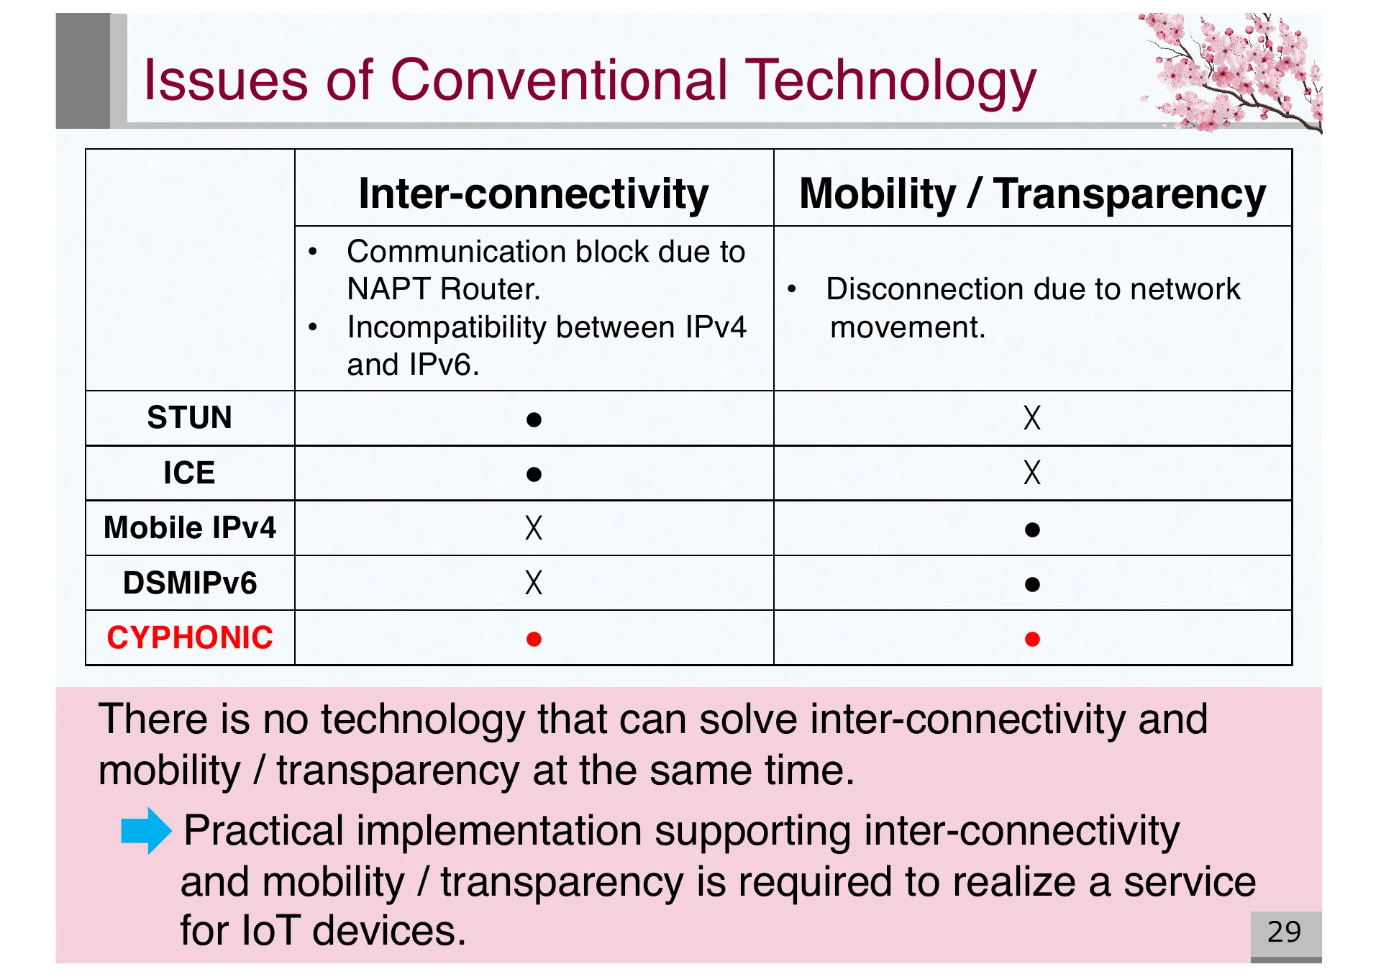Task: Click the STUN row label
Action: [x=189, y=418]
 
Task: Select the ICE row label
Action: [x=189, y=473]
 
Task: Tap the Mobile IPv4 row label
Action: [x=189, y=527]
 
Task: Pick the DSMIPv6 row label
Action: [x=189, y=583]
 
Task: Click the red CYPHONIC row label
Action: [x=189, y=637]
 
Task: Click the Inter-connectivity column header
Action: [x=533, y=194]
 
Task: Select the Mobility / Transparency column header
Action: [x=1032, y=194]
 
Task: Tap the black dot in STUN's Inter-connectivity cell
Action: [x=533, y=419]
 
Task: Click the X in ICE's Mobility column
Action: [x=1031, y=473]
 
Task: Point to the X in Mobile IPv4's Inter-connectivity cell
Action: [x=533, y=527]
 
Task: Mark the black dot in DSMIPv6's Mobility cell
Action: [x=1031, y=583]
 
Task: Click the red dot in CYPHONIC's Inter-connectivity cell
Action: [x=533, y=639]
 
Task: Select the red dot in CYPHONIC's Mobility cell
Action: [x=1031, y=639]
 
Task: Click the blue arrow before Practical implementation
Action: [x=146, y=830]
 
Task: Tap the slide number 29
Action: [x=1284, y=932]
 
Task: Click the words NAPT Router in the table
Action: [x=443, y=289]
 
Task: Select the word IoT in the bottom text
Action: [x=270, y=930]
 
